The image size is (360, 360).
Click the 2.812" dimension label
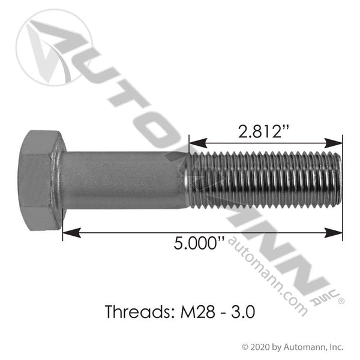pos(267,130)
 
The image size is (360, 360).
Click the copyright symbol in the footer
pos(245,346)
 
